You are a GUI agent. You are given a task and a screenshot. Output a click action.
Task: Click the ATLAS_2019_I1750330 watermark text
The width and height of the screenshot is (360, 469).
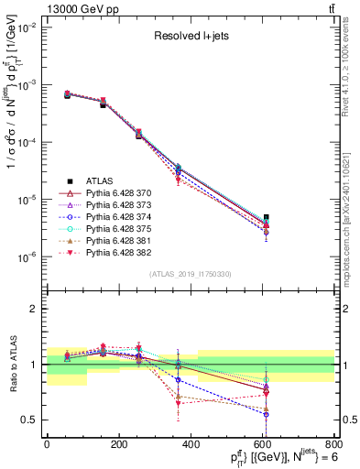190,274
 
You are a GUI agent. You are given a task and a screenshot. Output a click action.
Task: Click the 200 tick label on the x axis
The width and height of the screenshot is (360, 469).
118,444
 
